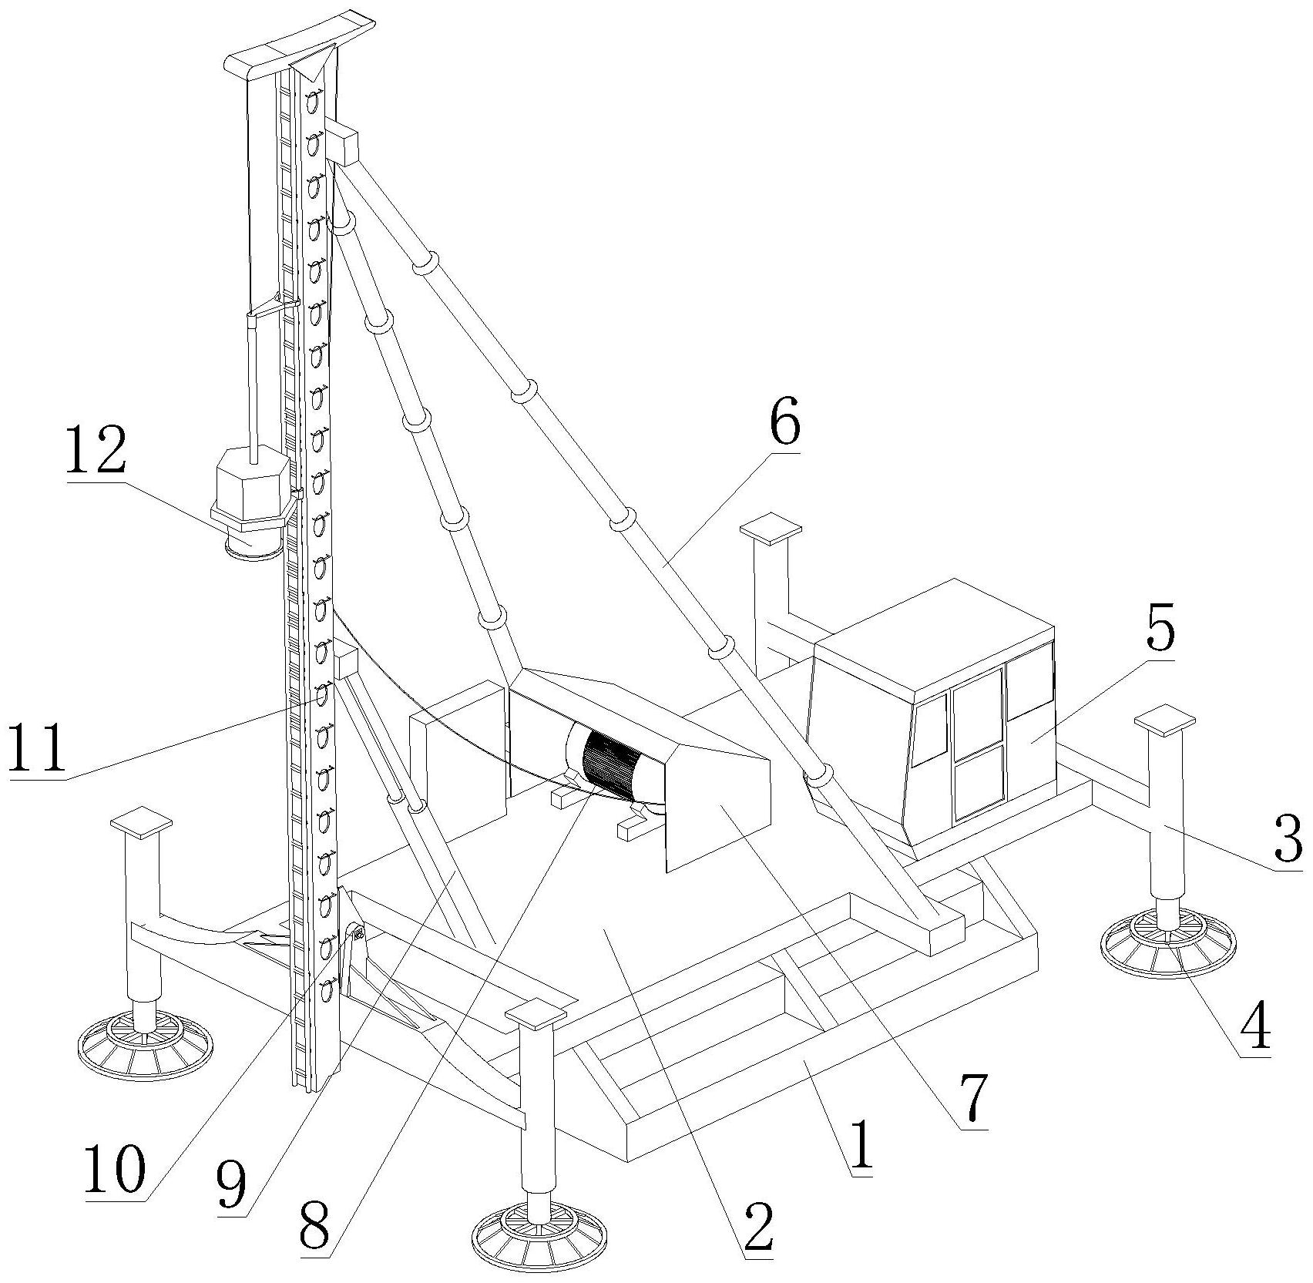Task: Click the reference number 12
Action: pyautogui.click(x=96, y=452)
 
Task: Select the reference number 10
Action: pyautogui.click(x=114, y=1167)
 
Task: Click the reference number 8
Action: pyautogui.click(x=314, y=1228)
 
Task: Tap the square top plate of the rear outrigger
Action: pyautogui.click(x=771, y=530)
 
